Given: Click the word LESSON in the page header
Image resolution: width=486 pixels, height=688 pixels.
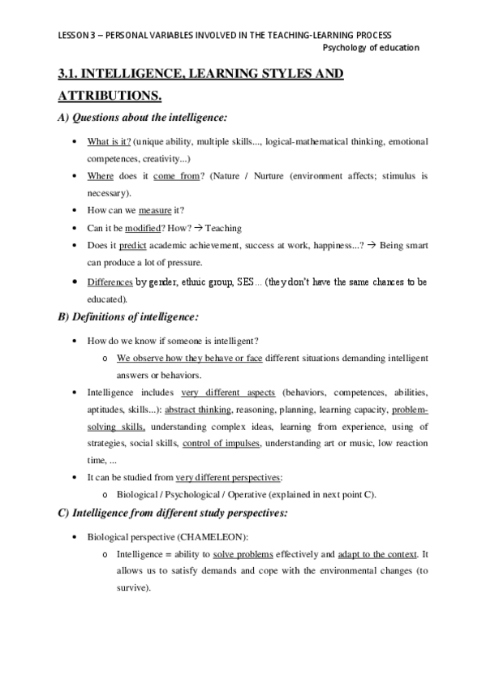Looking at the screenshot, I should point(74,35).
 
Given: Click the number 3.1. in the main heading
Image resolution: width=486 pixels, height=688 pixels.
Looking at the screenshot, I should point(69,75).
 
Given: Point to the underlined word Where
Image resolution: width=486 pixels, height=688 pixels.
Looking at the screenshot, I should point(101,175).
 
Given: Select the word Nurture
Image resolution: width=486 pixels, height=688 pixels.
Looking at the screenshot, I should point(260,175).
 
